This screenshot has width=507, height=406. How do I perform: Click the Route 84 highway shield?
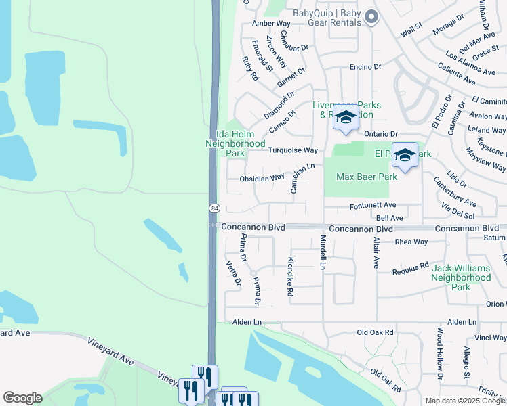pos(214,207)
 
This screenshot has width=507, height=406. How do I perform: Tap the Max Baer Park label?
pos(367,177)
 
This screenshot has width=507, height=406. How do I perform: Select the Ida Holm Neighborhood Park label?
pos(235,143)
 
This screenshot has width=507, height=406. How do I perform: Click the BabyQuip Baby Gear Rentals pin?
pos(371,18)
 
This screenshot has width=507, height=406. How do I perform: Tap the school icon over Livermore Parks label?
pos(346,118)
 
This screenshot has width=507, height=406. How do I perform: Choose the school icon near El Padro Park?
pos(405,156)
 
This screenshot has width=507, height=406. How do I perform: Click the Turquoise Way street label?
pos(293,150)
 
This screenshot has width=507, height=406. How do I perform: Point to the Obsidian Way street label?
pos(262,179)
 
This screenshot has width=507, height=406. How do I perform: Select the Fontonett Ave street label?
pos(372,205)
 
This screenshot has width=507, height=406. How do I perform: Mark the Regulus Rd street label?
pos(411,271)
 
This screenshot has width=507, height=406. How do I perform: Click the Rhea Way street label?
pos(411,242)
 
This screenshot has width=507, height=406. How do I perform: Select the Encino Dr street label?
pos(365,67)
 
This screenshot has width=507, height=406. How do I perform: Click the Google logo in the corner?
pos(22,398)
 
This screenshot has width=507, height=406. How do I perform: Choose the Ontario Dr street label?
pos(380,134)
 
